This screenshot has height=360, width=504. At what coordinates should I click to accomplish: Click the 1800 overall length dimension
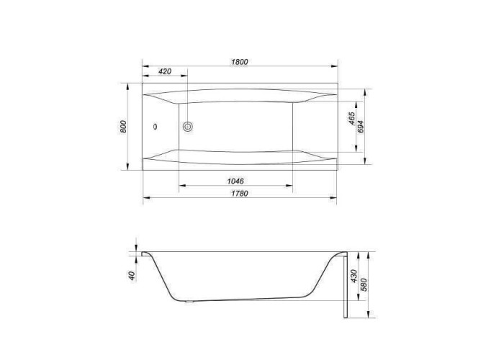click(240, 62)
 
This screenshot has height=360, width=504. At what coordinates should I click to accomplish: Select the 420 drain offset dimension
click(165, 71)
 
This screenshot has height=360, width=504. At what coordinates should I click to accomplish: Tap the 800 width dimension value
click(123, 127)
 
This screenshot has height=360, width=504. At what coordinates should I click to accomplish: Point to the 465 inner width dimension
click(351, 118)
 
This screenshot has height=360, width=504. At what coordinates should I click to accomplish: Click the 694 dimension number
click(360, 127)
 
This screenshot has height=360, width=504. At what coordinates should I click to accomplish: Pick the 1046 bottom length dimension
click(235, 181)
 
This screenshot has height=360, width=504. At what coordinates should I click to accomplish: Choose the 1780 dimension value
click(240, 194)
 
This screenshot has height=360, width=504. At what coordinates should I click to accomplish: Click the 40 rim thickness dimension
click(132, 276)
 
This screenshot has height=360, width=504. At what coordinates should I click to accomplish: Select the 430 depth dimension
click(354, 276)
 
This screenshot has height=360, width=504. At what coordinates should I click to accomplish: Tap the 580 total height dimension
click(364, 284)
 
